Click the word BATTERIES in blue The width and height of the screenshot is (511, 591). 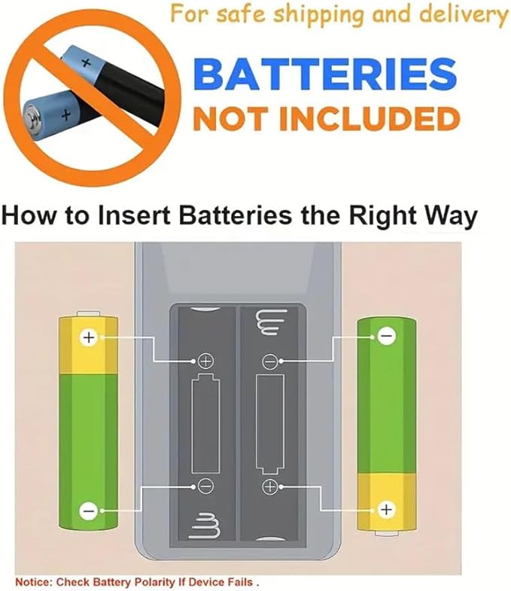(x=325, y=74)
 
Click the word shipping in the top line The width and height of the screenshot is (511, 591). (x=318, y=15)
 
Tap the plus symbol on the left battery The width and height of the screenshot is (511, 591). (x=89, y=337)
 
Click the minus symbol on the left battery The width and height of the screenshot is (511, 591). (x=89, y=511)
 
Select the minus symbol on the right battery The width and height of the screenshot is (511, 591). (x=387, y=336)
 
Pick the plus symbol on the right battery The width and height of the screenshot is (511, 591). (x=386, y=510)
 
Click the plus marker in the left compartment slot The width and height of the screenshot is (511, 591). (x=205, y=361)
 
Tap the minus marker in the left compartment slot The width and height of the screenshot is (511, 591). (x=205, y=486)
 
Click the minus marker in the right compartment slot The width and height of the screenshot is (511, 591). (x=270, y=362)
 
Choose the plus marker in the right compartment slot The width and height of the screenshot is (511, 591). (x=270, y=486)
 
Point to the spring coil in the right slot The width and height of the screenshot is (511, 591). (x=270, y=323)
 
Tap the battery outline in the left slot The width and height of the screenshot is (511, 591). (x=205, y=423)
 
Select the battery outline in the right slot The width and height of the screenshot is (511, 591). (x=270, y=425)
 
